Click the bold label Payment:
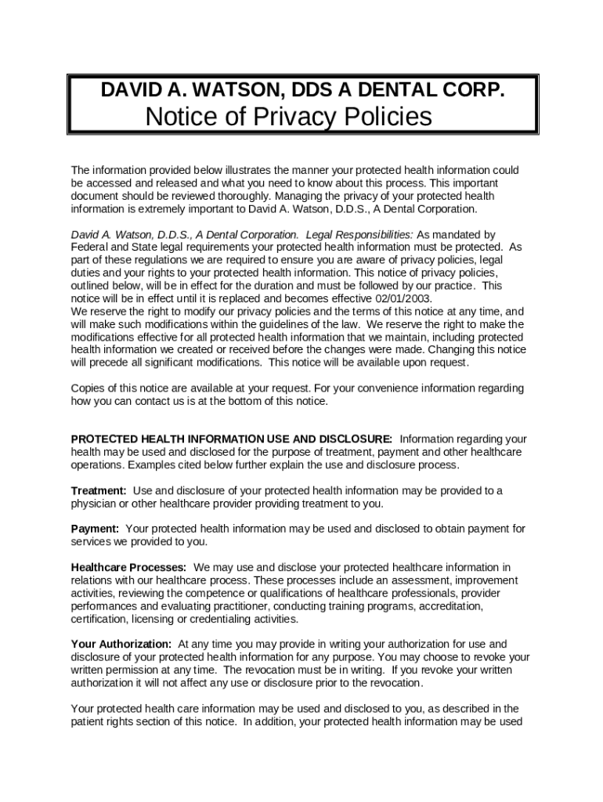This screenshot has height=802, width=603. (x=96, y=529)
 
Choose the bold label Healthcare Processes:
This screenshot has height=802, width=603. (x=129, y=567)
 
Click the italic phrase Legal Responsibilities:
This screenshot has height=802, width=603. (x=359, y=235)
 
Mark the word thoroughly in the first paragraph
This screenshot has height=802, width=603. (x=257, y=196)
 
